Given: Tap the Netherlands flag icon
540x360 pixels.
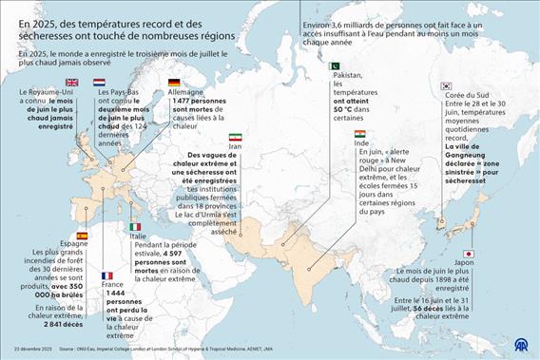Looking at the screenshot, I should pyautogui.click(x=99, y=83).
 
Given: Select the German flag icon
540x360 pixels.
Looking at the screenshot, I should pyautogui.click(x=173, y=83).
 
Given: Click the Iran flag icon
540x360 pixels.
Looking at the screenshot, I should pyautogui.click(x=235, y=137).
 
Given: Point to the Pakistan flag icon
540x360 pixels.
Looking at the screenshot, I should pyautogui.click(x=335, y=66).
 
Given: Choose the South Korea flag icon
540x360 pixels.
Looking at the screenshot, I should pyautogui.click(x=446, y=86).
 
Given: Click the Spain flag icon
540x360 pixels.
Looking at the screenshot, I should pyautogui.click(x=82, y=235).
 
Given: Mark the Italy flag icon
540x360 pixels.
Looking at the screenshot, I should pyautogui.click(x=135, y=226).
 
